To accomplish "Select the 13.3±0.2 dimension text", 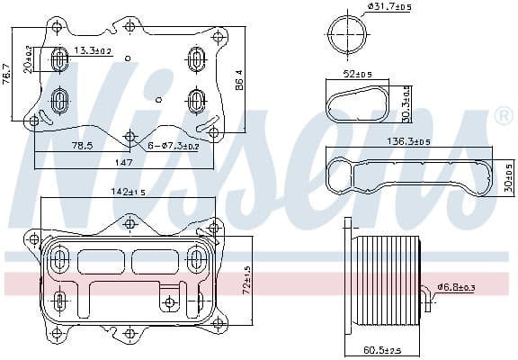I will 93,50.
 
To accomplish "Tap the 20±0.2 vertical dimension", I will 28,59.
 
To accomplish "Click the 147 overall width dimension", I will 124,163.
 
